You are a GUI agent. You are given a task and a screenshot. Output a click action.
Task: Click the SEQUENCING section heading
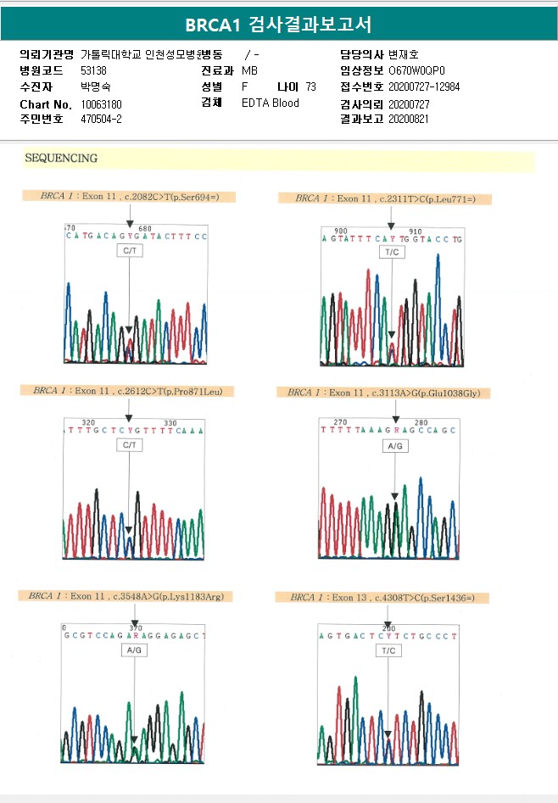[x=61, y=159]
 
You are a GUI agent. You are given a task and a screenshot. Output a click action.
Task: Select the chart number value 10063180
[x=102, y=103]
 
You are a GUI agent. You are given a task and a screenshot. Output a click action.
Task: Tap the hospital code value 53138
[x=93, y=70]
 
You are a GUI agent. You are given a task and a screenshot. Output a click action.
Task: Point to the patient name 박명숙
[x=95, y=86]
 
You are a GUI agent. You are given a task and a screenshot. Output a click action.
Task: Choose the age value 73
[x=310, y=86]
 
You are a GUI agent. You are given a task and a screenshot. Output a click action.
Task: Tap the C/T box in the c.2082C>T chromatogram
[x=129, y=253]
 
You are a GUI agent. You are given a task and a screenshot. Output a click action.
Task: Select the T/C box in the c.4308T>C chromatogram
[x=388, y=651]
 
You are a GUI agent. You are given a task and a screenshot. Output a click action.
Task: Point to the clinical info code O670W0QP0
[x=416, y=70]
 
